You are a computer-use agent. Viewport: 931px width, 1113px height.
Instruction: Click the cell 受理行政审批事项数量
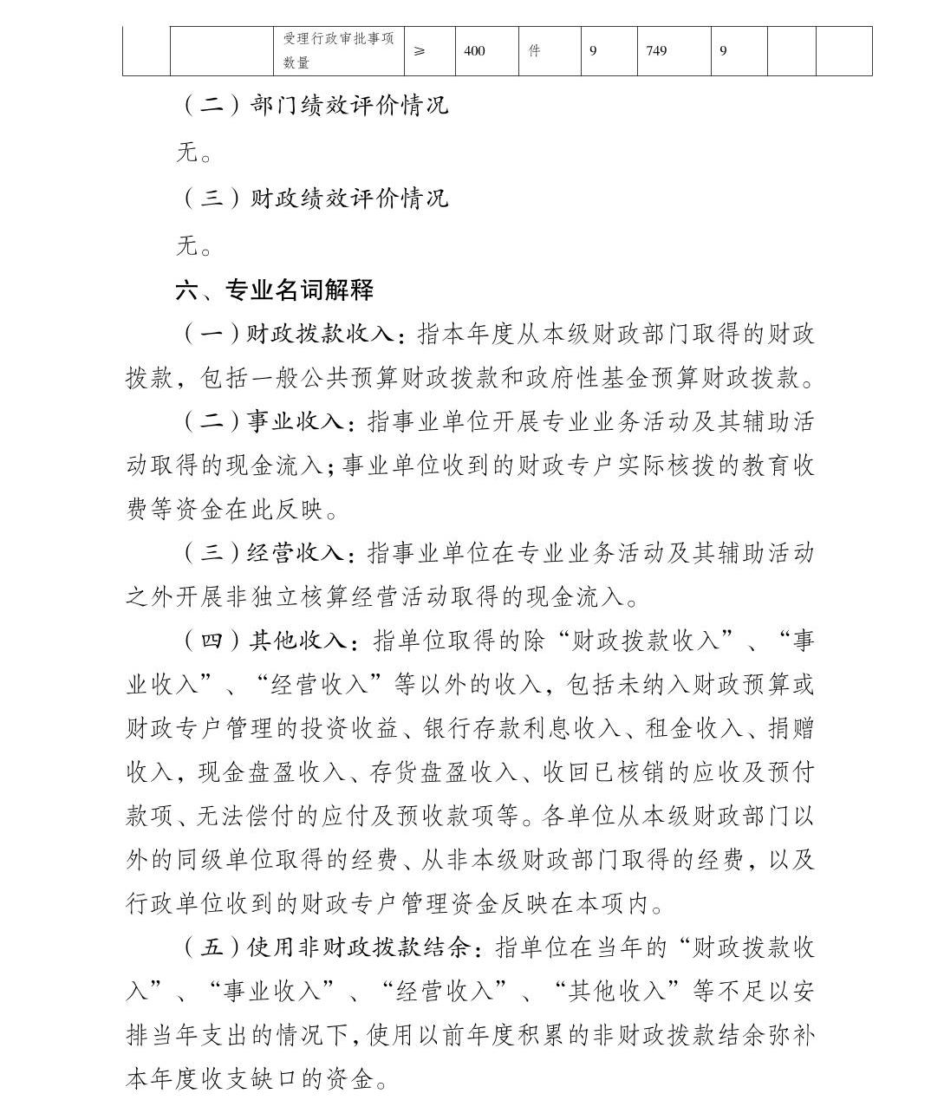click(338, 51)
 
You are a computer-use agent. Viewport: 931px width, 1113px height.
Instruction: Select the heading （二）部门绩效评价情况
click(314, 106)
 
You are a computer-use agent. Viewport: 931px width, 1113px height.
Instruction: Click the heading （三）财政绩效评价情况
click(314, 199)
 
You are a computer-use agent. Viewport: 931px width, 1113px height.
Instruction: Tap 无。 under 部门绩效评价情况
click(195, 153)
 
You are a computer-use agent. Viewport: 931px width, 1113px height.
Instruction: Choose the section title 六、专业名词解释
click(275, 290)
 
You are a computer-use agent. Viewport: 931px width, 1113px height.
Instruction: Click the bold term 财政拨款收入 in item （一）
click(321, 335)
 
